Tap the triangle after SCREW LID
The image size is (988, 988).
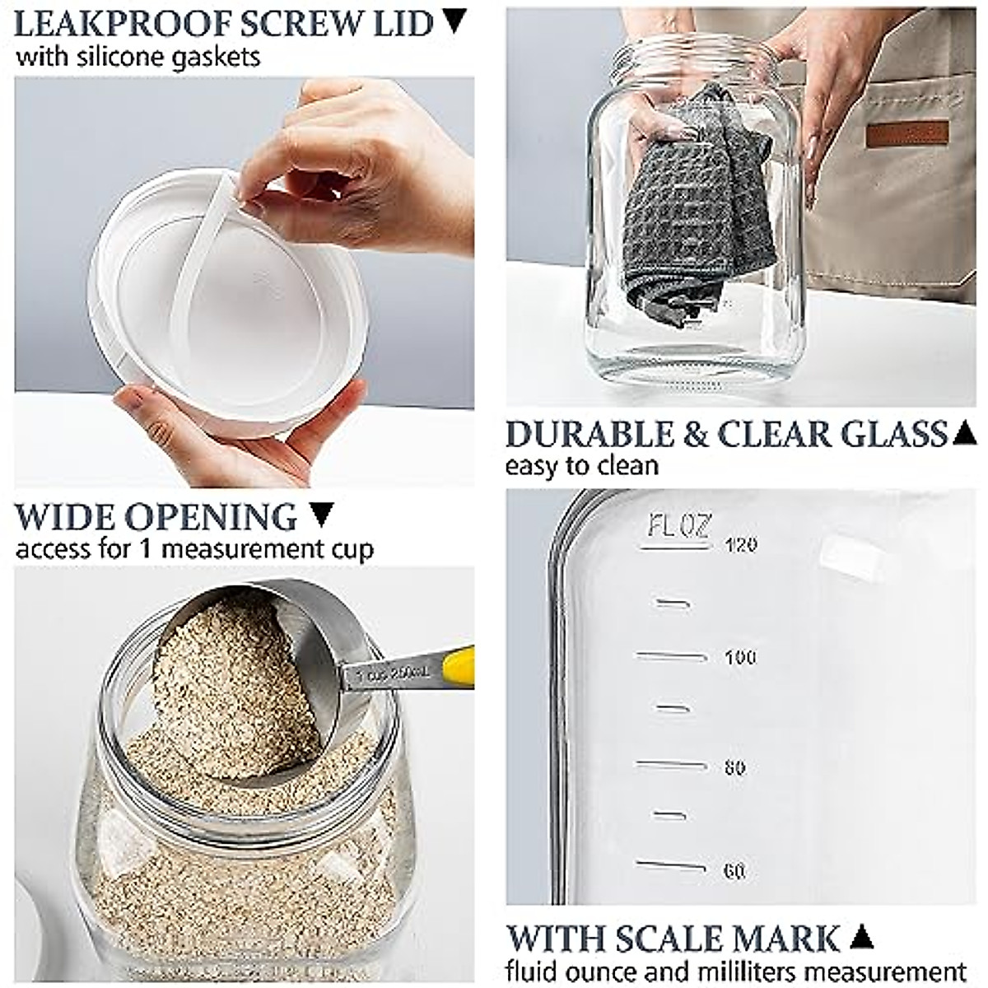coord(454,21)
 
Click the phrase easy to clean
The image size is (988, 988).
coord(581,466)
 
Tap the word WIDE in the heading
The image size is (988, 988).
coord(62,517)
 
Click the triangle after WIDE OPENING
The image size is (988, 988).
coord(322,515)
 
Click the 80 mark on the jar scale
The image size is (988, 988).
coord(734,768)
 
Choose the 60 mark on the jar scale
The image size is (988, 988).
coord(734,870)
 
